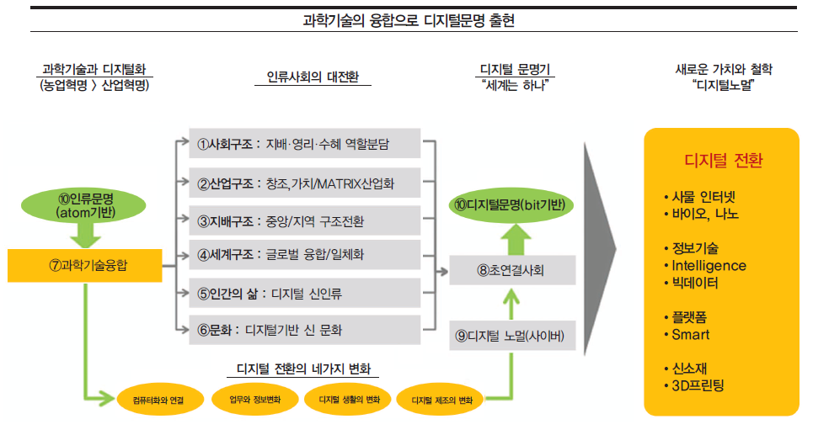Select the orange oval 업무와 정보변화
(x=255, y=398)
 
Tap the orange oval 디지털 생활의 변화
(x=350, y=398)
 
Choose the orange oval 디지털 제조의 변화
(x=441, y=399)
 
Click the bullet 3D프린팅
(x=698, y=386)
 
